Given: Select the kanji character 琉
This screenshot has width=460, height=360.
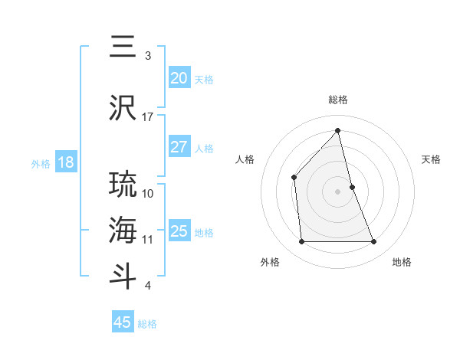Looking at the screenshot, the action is click(123, 185).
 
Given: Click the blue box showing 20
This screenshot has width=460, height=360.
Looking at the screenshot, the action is click(179, 78).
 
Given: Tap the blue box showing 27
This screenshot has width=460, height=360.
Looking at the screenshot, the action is click(179, 147).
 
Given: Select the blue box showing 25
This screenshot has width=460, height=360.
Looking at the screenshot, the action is click(179, 231).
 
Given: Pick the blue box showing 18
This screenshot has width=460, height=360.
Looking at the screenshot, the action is click(65, 162).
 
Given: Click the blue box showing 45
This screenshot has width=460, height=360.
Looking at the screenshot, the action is click(123, 322).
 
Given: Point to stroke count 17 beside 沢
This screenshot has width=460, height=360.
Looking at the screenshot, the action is click(148, 117).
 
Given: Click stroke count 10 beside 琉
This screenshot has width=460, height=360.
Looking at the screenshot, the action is click(148, 193).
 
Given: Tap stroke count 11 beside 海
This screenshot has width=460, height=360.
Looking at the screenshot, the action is click(148, 240).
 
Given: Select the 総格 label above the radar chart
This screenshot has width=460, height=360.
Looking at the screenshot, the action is click(338, 100).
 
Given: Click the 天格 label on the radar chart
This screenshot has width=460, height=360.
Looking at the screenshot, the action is click(432, 159).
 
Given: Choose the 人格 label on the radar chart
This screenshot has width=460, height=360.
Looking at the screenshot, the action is click(245, 159).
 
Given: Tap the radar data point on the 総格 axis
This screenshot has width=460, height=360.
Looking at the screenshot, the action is click(338, 130).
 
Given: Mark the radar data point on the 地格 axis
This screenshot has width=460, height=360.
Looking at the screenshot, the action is click(374, 242).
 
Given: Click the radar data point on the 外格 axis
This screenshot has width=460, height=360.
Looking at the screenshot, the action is click(301, 242).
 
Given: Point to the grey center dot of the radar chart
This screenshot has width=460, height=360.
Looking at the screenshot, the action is click(338, 191).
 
